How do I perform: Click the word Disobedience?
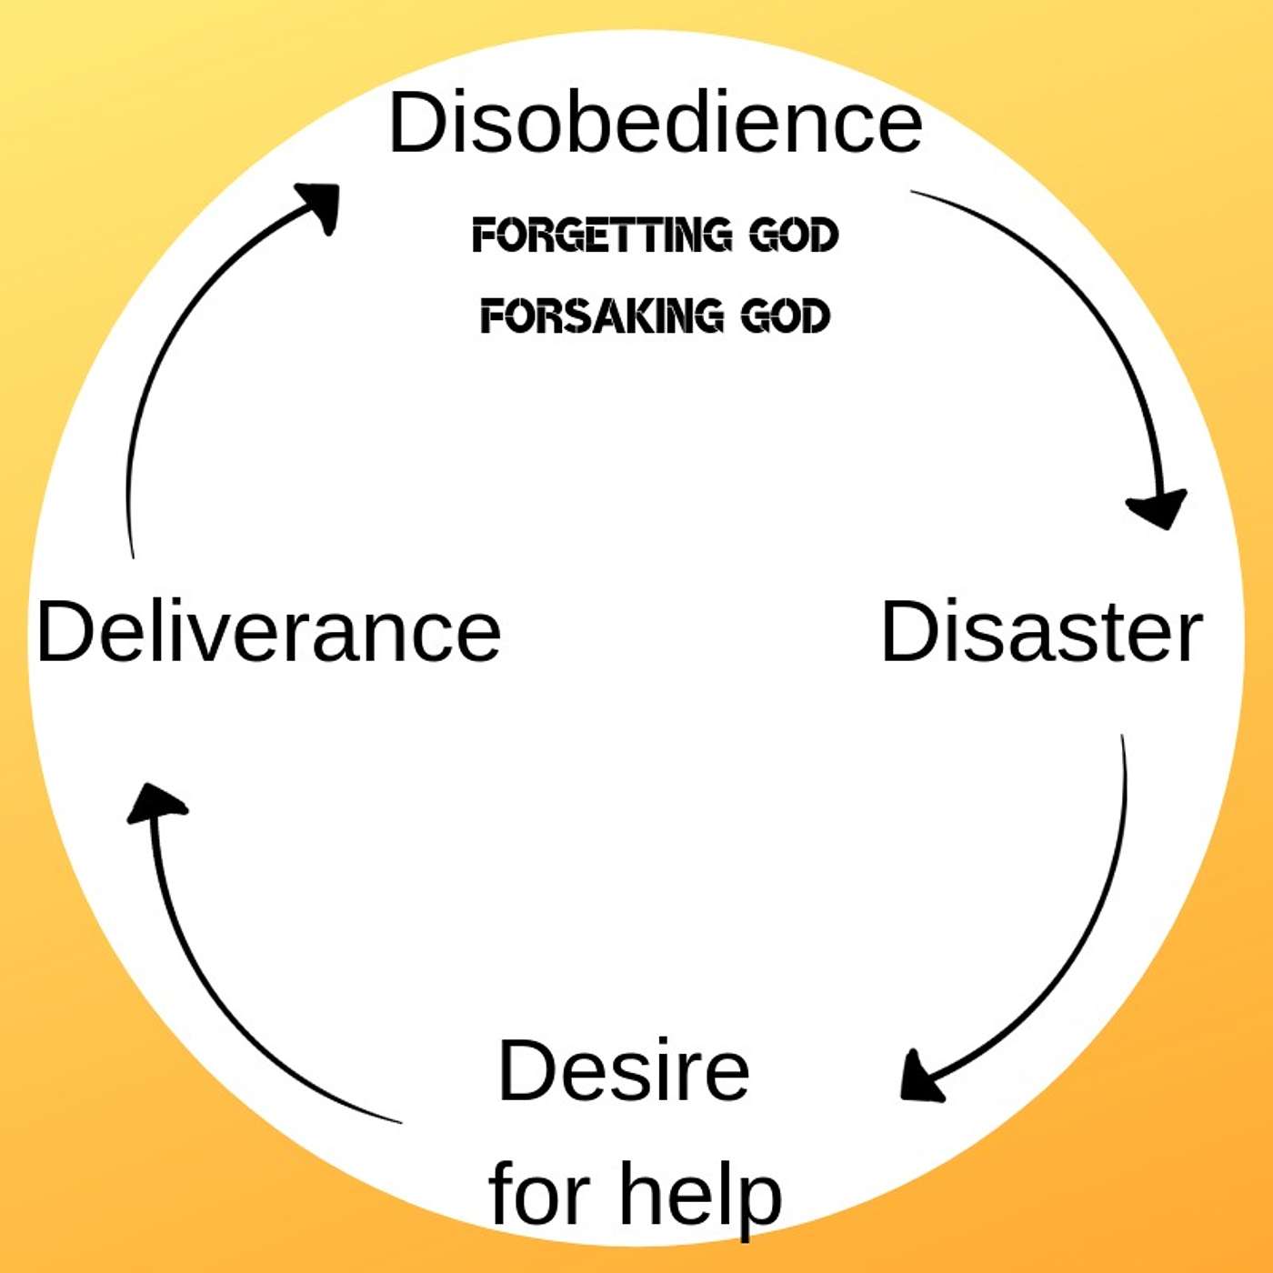click(x=655, y=123)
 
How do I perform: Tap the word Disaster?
click(x=1041, y=632)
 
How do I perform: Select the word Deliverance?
click(x=269, y=632)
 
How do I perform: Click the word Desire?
click(x=624, y=1070)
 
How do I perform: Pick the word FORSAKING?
click(x=602, y=316)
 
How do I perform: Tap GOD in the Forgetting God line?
click(x=793, y=235)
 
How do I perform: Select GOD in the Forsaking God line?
click(x=785, y=316)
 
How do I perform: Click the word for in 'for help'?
click(x=540, y=1194)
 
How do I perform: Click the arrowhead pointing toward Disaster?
click(x=1158, y=509)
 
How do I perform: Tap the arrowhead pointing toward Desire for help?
click(x=920, y=1080)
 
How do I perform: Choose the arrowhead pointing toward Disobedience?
click(x=320, y=204)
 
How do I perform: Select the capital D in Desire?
click(x=527, y=1070)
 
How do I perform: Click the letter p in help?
click(x=757, y=1198)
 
